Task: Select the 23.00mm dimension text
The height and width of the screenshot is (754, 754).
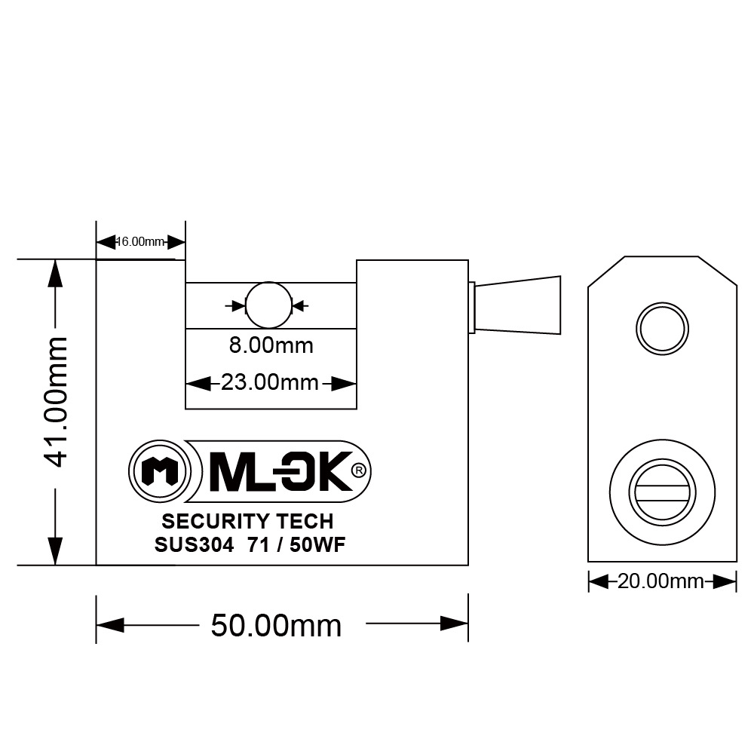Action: [x=270, y=383]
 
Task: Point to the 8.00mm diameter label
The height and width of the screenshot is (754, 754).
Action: [x=270, y=346]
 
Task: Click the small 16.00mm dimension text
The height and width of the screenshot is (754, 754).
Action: [x=140, y=242]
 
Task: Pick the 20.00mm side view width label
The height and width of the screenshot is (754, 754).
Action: [x=661, y=582]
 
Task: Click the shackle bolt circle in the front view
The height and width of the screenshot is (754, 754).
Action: [x=268, y=305]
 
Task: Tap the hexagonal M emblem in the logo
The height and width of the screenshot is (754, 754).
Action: [x=158, y=472]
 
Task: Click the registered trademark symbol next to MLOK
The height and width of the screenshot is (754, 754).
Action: [x=359, y=470]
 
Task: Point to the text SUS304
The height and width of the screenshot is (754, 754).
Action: [x=186, y=547]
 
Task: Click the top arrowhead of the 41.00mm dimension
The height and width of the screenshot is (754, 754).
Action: [x=56, y=274]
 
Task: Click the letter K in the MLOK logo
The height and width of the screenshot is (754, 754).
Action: [x=329, y=472]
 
